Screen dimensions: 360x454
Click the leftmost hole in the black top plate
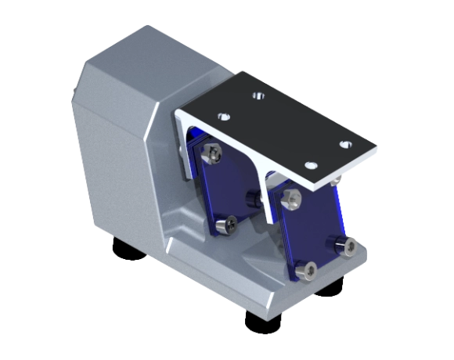222,115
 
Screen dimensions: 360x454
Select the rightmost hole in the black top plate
344,144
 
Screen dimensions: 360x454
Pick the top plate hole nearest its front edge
311,165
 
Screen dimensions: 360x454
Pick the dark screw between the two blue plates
251,196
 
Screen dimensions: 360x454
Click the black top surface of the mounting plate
282,125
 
